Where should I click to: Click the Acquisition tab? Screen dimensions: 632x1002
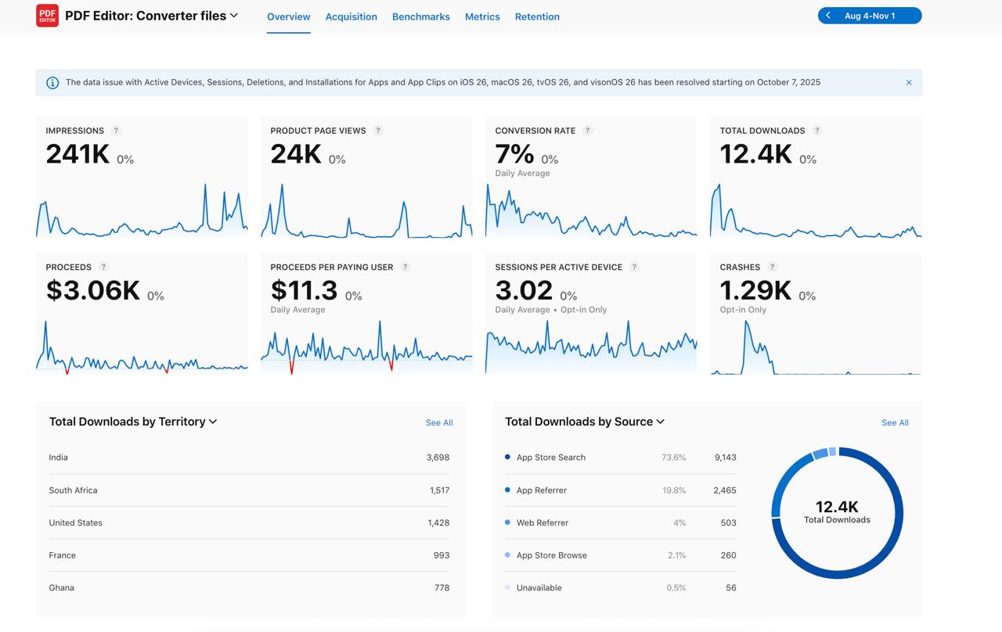click(351, 16)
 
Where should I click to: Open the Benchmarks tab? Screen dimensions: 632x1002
click(420, 16)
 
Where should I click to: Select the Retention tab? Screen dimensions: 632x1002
click(537, 16)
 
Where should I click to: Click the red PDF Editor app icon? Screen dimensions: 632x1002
click(47, 16)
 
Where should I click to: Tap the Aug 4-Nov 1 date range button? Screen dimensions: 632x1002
click(870, 16)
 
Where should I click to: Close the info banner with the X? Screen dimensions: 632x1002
click(909, 82)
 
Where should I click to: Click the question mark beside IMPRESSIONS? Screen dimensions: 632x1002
click(116, 131)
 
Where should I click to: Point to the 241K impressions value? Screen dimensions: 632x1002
click(77, 154)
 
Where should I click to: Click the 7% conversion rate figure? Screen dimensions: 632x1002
click(514, 154)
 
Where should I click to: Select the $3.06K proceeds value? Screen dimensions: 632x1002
click(92, 290)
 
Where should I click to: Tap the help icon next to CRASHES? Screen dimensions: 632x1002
click(772, 267)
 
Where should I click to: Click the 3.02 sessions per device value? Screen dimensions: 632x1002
click(524, 290)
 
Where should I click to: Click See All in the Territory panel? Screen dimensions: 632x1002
click(438, 422)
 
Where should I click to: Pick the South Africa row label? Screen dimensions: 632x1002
click(73, 490)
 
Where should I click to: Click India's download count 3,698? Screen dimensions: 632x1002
click(438, 458)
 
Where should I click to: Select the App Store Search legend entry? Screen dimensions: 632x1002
click(550, 458)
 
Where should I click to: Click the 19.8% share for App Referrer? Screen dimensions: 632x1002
click(673, 490)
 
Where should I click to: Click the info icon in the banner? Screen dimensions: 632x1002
click(52, 83)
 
